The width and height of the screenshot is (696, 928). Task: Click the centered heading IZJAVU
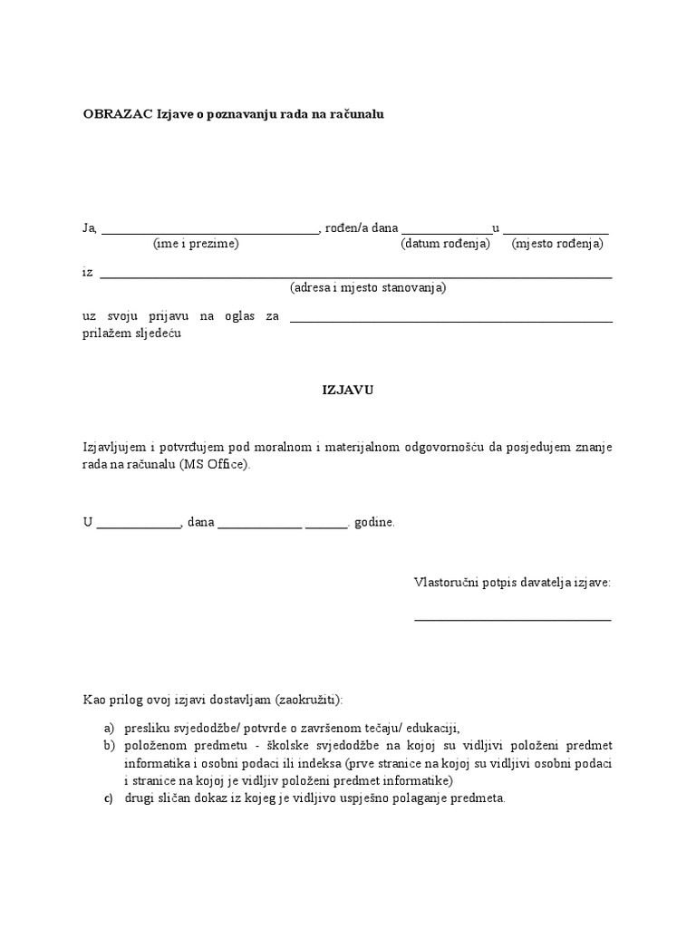348,390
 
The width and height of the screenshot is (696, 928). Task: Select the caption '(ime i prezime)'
196,245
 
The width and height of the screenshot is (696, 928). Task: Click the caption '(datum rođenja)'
445,245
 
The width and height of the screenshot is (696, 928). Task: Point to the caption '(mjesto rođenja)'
557,245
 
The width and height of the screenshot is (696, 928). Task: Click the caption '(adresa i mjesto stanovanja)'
368,288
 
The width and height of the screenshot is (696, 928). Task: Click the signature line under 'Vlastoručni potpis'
512,620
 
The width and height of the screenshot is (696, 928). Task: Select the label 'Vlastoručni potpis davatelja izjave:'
512,582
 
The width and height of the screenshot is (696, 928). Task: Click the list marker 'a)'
109,729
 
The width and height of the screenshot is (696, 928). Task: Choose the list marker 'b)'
109,746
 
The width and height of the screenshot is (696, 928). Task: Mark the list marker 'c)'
109,798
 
